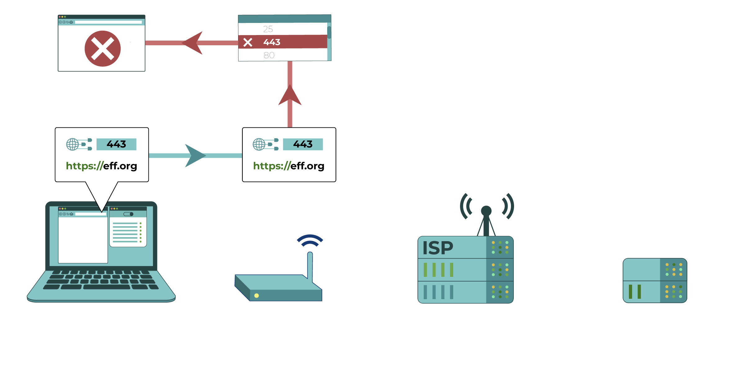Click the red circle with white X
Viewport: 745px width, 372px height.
102,49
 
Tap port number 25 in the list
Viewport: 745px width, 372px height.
268,29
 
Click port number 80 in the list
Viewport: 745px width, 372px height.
269,55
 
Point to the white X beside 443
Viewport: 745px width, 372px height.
248,42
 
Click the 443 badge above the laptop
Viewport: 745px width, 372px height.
116,144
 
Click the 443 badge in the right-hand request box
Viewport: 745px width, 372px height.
303,144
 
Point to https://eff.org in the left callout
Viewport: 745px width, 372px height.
102,166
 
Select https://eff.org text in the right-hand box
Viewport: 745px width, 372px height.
289,166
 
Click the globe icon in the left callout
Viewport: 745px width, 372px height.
73,144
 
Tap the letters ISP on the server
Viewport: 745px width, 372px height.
438,248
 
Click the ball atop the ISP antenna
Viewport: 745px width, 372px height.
486,211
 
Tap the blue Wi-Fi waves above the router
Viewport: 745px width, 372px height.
310,241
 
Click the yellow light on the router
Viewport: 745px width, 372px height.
256,295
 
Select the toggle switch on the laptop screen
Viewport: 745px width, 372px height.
128,214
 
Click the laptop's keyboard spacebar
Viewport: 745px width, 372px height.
106,287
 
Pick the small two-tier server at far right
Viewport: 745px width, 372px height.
655,281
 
